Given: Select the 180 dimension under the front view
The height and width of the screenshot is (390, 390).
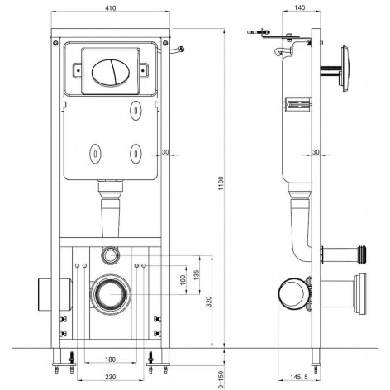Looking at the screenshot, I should coord(111,359).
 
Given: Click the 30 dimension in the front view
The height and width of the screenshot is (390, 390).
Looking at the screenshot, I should coord(165,151).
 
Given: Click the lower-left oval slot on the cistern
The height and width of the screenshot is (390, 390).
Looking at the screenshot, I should coord(93,152).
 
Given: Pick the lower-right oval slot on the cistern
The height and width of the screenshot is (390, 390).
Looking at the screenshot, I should coord(136,152).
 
